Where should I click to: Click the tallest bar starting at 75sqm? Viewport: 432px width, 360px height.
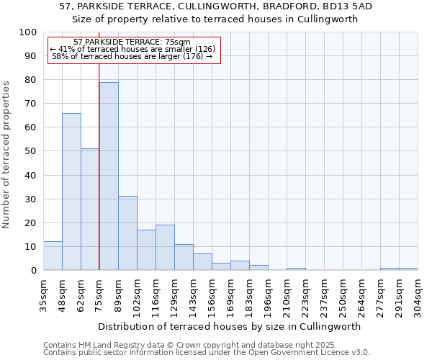(x=109, y=176)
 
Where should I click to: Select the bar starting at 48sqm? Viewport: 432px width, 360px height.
(x=71, y=192)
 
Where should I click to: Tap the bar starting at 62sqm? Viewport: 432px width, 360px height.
(x=90, y=210)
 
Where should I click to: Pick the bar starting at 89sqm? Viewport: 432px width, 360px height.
(x=127, y=233)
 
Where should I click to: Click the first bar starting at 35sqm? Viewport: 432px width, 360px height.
(x=53, y=256)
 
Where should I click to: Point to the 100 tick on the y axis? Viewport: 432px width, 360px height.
(x=29, y=32)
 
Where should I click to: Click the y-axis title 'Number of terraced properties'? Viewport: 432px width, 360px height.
(x=7, y=154)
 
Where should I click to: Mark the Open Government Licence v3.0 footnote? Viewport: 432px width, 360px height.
(x=207, y=353)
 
